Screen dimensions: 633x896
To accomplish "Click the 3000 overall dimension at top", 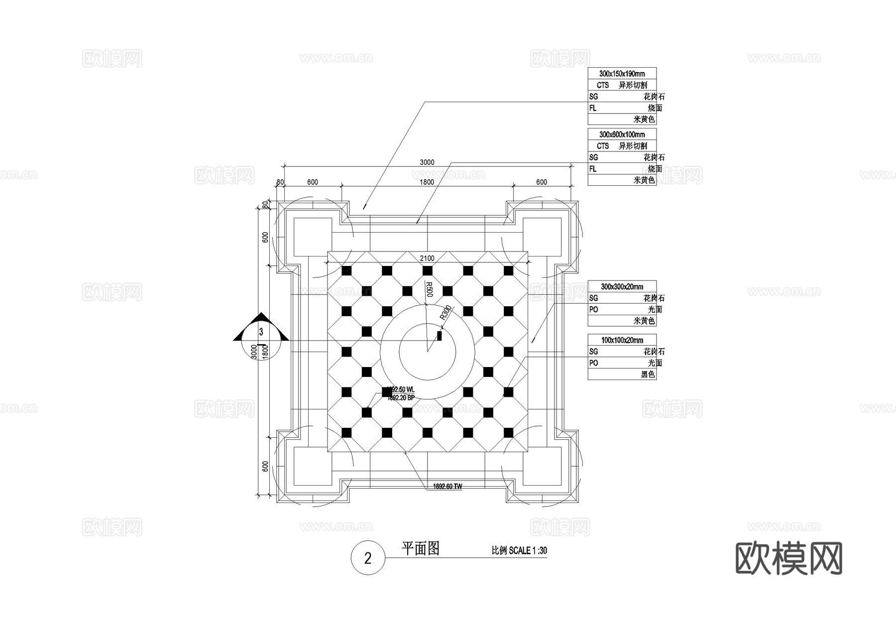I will click(427, 162).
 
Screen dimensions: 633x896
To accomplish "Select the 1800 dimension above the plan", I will click(427, 182).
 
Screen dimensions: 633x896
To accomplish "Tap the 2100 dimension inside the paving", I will click(427, 258).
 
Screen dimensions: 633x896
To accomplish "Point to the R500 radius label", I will click(429, 289).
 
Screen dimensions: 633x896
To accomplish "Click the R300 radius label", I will click(446, 312).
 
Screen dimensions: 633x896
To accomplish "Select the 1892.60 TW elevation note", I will click(447, 487).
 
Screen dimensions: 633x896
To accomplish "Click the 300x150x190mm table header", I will click(622, 74).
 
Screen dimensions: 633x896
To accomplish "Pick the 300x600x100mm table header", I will click(622, 134).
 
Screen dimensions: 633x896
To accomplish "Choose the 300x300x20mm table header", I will click(622, 287).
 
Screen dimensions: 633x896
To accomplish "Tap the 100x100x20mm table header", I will click(622, 340).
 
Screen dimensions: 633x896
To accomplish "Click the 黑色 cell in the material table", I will click(648, 375).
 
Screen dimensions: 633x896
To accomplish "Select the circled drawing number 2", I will click(368, 558).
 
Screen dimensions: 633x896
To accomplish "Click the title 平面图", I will click(420, 549).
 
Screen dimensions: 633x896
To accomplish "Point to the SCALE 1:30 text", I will click(528, 550).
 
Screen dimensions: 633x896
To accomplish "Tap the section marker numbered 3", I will click(261, 332).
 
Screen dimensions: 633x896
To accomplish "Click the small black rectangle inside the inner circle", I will click(440, 336).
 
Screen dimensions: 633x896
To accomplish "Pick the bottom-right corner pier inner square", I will click(542, 466).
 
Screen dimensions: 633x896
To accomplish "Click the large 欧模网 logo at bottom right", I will click(788, 559).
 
